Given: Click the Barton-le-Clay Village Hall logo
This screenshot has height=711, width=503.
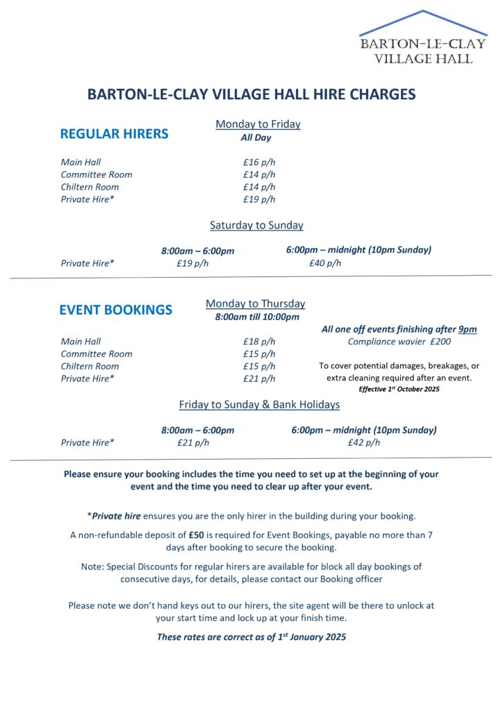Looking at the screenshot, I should [x=423, y=38].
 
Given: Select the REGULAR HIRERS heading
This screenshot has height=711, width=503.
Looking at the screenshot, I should [x=114, y=134].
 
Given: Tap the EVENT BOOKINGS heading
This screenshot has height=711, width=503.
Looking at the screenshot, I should [x=115, y=310].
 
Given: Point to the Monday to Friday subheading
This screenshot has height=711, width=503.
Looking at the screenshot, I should [x=258, y=124].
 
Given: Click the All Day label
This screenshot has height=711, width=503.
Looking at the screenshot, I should [x=256, y=137].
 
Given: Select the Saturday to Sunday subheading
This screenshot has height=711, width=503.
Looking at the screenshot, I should [x=256, y=225].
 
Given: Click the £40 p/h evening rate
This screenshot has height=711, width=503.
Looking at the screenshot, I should [x=325, y=263].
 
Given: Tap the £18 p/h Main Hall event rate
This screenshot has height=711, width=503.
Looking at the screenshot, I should [x=259, y=342].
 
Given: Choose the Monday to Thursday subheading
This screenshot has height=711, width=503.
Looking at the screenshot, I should [x=255, y=303].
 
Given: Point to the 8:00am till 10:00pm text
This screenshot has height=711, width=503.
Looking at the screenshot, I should [x=257, y=317].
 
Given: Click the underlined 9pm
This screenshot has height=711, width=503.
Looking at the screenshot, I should [x=468, y=329].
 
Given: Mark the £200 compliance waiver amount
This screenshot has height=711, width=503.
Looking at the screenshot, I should [x=440, y=342].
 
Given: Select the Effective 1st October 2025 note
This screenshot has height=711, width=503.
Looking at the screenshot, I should [x=399, y=390].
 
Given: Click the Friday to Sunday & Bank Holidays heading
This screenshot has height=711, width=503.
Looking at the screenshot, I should [x=259, y=404].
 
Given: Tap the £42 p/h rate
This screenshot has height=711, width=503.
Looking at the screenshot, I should [x=364, y=442].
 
